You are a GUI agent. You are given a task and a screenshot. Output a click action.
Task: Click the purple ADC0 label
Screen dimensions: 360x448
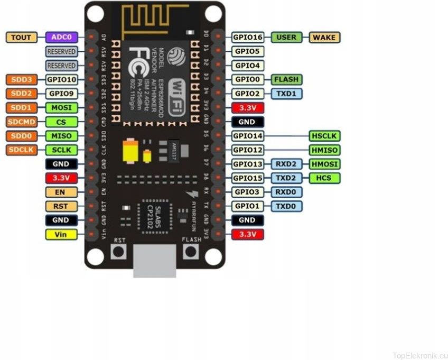pyautogui.click(x=61, y=37)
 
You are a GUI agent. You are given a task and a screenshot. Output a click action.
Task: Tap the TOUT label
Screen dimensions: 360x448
pyautogui.click(x=21, y=37)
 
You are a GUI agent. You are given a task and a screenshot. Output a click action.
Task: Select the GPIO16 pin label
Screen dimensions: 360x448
pyautogui.click(x=247, y=37)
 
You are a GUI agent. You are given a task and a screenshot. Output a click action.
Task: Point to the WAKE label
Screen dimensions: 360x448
pyautogui.click(x=324, y=37)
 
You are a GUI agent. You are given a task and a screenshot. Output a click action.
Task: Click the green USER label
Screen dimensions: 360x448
pyautogui.click(x=287, y=37)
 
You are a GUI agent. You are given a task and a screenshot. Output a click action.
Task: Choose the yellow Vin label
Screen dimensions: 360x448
pyautogui.click(x=61, y=234)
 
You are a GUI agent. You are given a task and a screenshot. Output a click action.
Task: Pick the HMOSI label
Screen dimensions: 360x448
pyautogui.click(x=324, y=164)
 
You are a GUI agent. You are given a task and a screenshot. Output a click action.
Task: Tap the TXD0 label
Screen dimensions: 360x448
pyautogui.click(x=287, y=206)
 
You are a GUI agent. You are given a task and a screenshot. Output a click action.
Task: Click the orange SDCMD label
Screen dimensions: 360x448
pyautogui.click(x=21, y=122)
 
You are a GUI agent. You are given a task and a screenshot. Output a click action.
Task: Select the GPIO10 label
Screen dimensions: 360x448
pyautogui.click(x=61, y=79)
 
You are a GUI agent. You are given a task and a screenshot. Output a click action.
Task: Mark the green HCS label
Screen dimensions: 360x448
pyautogui.click(x=324, y=178)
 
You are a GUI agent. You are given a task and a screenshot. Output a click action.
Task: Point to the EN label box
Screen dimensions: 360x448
pyautogui.click(x=61, y=192)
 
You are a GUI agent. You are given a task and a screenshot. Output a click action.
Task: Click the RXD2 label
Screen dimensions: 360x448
pyautogui.click(x=287, y=164)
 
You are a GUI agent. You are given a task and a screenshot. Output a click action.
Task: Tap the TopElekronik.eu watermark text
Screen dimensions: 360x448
pyautogui.click(x=420, y=355)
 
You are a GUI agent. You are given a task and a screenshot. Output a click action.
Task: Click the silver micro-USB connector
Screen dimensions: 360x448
pyautogui.click(x=154, y=261)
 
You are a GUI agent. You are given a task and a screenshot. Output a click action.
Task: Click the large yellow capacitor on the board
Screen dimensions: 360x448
pyautogui.click(x=130, y=151)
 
